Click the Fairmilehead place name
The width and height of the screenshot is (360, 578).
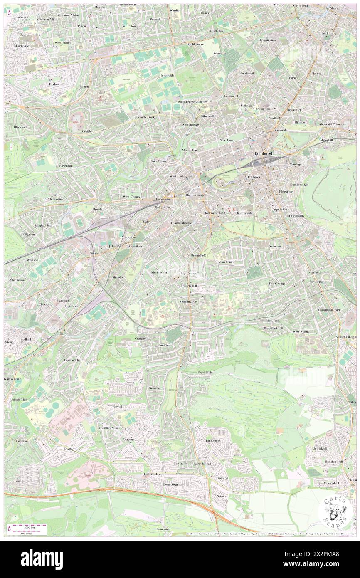pos(202,463)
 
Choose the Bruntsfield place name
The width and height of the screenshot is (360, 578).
pos(199,255)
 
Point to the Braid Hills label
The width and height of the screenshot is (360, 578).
pos(205,373)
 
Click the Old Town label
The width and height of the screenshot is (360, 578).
pos(253,177)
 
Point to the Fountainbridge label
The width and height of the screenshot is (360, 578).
pos(181,223)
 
